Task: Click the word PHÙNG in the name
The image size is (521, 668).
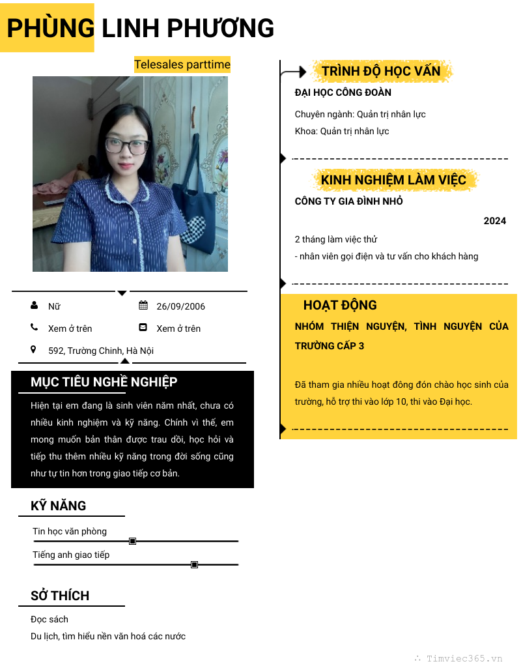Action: coord(51,28)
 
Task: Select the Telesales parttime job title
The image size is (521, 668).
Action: coord(182,65)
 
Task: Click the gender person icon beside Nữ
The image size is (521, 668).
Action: coord(34,306)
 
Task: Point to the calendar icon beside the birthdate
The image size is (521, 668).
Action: coord(143,306)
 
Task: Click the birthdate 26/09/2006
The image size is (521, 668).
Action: coord(180,306)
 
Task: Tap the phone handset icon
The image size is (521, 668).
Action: coord(34,328)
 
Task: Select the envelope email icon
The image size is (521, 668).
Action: coord(143,328)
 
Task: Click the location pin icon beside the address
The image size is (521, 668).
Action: coord(34,350)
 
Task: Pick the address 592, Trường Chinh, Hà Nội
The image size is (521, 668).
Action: coord(101,351)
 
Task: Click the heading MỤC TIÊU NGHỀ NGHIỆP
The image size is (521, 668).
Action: coord(104,382)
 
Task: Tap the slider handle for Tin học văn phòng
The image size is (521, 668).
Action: coord(133,541)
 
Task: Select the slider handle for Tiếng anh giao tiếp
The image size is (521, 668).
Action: coord(194,564)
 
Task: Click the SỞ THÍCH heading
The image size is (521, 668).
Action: coord(60,596)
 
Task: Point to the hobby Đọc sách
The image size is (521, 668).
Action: coord(49,619)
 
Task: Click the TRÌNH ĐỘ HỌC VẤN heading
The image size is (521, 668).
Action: coord(381,71)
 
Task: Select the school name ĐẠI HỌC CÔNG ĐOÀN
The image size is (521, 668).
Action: coord(343,93)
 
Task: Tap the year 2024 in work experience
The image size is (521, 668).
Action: coord(495,221)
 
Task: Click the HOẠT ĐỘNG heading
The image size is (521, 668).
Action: coord(340,305)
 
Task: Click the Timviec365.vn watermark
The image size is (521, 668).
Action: coord(464,658)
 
